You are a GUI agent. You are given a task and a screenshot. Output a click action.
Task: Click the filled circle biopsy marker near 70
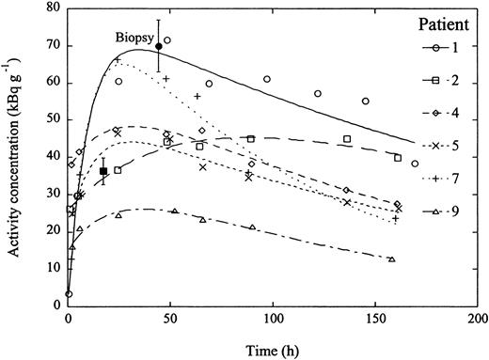tap(159, 45)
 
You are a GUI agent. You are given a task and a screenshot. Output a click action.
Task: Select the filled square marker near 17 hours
tap(103, 171)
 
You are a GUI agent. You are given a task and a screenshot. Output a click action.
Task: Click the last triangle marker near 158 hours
tap(391, 258)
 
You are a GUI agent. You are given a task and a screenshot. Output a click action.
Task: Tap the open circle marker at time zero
tap(69, 294)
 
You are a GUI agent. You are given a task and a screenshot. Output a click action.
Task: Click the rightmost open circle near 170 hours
tap(415, 164)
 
